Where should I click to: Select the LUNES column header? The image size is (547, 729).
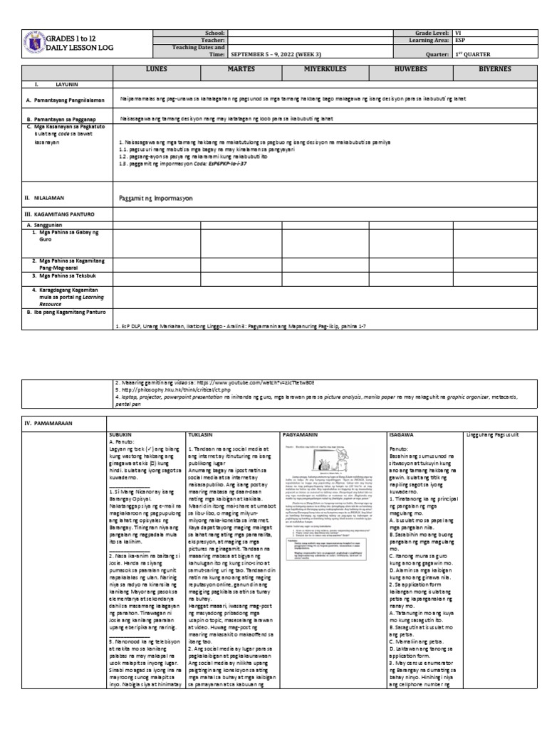click(x=156, y=71)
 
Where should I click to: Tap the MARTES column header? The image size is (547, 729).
click(x=241, y=71)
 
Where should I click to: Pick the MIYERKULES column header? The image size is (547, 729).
click(x=326, y=71)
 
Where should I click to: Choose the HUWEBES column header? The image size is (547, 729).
click(x=410, y=71)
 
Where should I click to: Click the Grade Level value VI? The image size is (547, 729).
click(x=459, y=33)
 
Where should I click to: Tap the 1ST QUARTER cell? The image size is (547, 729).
click(x=473, y=54)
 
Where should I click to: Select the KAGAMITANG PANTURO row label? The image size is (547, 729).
click(x=63, y=213)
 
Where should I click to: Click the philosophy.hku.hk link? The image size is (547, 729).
click(x=167, y=390)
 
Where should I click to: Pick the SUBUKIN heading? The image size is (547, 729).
click(x=121, y=433)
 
